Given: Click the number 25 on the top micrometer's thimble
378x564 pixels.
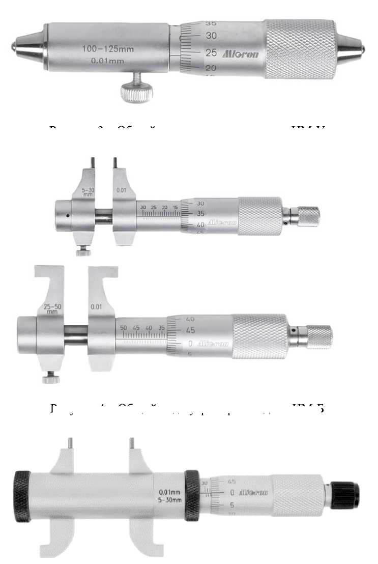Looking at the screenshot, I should click(210, 52).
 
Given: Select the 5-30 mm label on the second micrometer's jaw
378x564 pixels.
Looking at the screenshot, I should click(88, 192).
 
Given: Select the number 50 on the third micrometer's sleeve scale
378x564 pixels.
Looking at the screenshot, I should click(124, 328).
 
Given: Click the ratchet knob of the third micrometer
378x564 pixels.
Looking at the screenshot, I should click(319, 336).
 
